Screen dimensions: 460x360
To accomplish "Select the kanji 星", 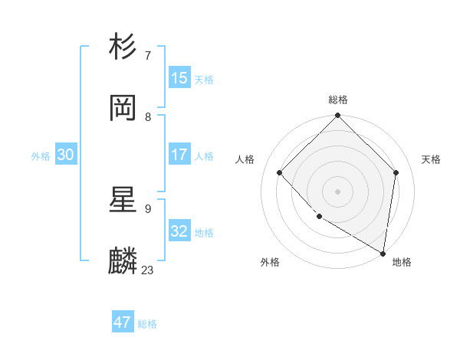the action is click(x=123, y=200).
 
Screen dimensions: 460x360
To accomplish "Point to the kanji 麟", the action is click(x=123, y=261).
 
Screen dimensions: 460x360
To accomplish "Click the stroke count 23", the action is click(x=148, y=270).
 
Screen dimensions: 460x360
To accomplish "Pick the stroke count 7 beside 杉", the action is click(x=148, y=55).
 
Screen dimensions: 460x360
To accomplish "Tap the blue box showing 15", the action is click(x=179, y=78).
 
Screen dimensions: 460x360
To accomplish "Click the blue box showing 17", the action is click(x=179, y=155).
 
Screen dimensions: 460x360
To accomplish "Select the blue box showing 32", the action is click(x=179, y=231).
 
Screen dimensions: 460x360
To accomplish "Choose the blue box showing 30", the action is click(x=66, y=155).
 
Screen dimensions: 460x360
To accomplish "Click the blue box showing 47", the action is click(x=123, y=322).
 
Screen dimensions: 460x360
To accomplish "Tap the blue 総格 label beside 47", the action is click(x=147, y=324).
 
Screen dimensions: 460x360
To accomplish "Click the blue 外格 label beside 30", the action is click(x=41, y=156).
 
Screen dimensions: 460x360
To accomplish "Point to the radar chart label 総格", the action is click(x=338, y=100).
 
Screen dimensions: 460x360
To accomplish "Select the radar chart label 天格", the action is click(x=431, y=159).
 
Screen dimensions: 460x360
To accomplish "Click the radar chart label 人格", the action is click(x=245, y=159).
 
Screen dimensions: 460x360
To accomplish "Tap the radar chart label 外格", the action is click(x=270, y=262).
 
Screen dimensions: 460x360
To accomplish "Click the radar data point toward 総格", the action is click(x=338, y=116).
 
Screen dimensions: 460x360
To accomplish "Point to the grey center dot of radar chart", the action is click(x=338, y=191).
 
